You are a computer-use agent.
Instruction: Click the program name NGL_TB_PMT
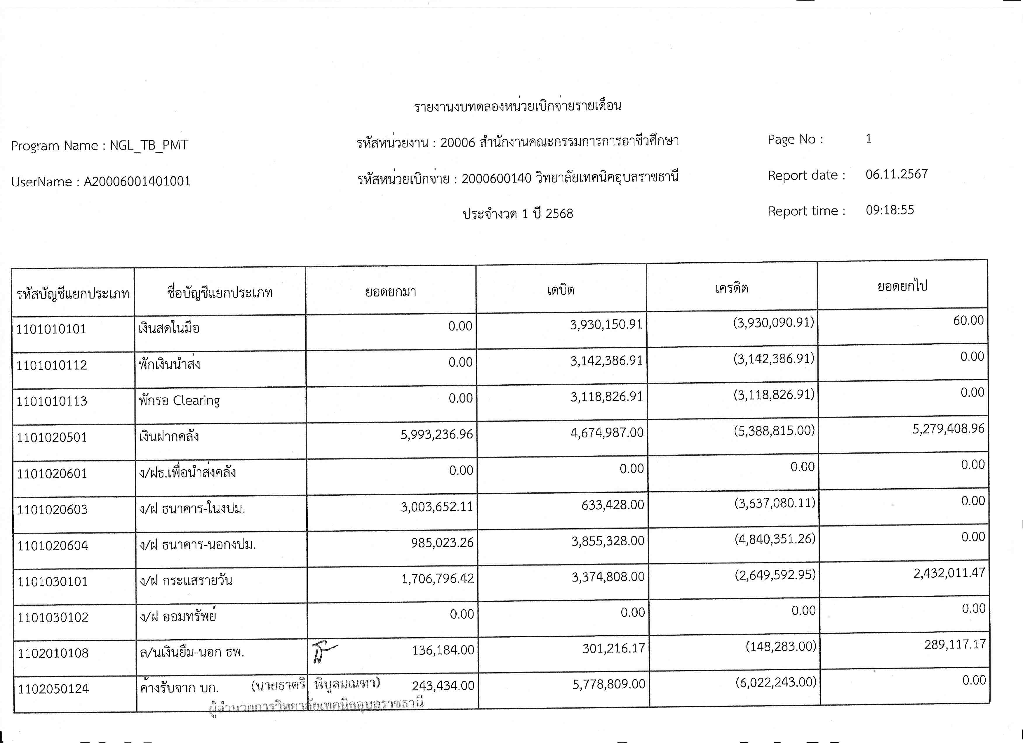click(x=149, y=145)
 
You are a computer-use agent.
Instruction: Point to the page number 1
click(x=868, y=138)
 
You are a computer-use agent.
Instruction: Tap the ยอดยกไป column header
click(x=902, y=286)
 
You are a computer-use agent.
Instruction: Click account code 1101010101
click(x=51, y=329)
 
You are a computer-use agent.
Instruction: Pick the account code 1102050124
click(x=53, y=689)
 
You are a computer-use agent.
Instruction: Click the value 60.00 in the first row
click(x=968, y=321)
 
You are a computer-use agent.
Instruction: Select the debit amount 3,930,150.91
click(x=606, y=324)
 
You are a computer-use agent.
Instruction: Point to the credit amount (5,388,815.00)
click(x=774, y=430)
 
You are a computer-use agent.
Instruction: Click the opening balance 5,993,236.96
click(x=436, y=434)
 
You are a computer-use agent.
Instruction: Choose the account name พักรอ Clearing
click(x=179, y=400)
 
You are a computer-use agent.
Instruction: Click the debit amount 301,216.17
click(x=613, y=648)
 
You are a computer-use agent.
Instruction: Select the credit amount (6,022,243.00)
click(x=775, y=682)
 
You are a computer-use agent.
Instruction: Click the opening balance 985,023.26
click(x=442, y=542)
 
